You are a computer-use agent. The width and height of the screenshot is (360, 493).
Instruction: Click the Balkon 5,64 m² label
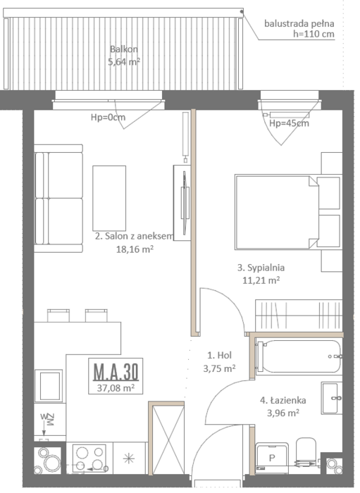point(124,56)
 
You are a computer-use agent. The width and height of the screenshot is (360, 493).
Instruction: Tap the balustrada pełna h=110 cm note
point(299,29)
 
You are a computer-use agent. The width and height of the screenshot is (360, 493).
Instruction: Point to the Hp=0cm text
point(108,118)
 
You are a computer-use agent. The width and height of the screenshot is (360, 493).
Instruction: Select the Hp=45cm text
point(289,123)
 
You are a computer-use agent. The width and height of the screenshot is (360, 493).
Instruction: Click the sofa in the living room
point(58,199)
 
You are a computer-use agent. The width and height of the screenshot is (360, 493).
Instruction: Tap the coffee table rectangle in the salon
point(109,199)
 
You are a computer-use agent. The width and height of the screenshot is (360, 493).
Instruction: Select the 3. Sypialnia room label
point(261,268)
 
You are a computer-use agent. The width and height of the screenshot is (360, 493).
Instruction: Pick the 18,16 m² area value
point(135,249)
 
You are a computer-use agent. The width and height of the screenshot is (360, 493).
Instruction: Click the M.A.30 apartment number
point(116,371)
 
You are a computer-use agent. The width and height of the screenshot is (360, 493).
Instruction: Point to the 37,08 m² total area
point(116,387)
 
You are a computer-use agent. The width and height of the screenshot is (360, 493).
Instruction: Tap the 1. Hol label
point(219,355)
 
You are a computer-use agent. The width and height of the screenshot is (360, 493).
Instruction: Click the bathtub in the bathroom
point(299,356)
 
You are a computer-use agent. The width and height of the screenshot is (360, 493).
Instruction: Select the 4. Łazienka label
point(283,400)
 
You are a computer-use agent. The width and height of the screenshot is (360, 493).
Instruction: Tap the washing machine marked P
point(272,458)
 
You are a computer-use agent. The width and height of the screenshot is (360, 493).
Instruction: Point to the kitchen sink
point(48,386)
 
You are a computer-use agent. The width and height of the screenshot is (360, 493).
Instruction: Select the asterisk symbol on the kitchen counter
point(129,458)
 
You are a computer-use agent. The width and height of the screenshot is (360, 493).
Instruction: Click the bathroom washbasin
point(332,398)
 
